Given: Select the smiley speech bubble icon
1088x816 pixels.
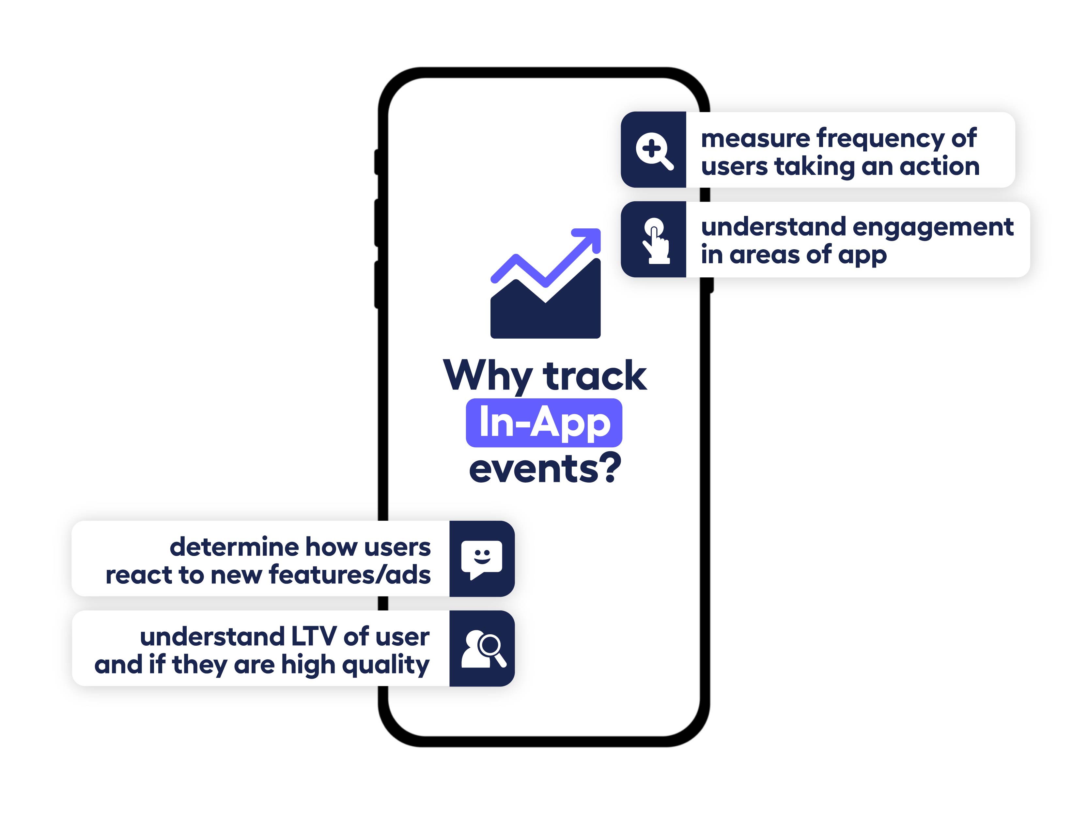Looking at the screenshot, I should tap(482, 559).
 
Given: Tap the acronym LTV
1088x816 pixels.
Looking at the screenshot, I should tap(313, 637).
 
